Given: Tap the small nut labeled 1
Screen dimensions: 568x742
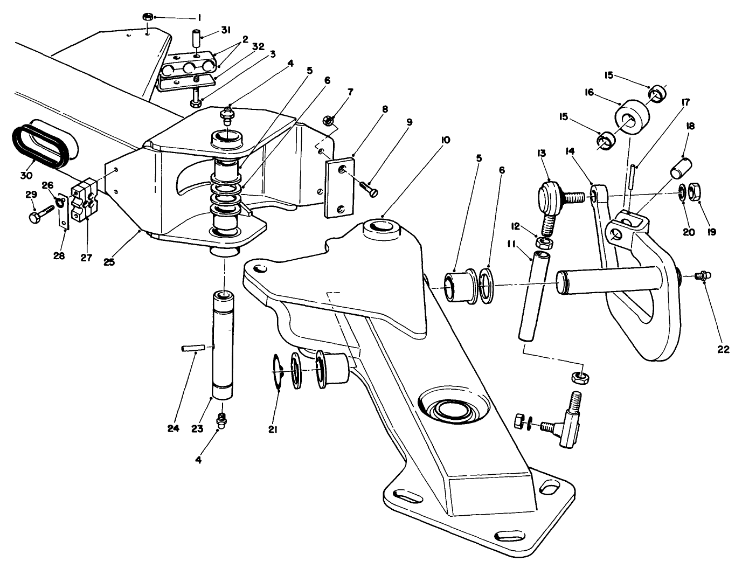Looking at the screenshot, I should (x=147, y=17).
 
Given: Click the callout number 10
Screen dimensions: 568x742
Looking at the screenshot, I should (x=445, y=140).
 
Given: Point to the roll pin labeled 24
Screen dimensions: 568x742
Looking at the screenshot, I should (x=192, y=349).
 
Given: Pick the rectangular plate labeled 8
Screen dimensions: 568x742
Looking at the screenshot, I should (x=339, y=186).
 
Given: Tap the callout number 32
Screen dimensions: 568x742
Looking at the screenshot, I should (x=258, y=46).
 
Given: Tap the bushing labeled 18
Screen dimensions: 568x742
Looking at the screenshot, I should (x=679, y=167).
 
